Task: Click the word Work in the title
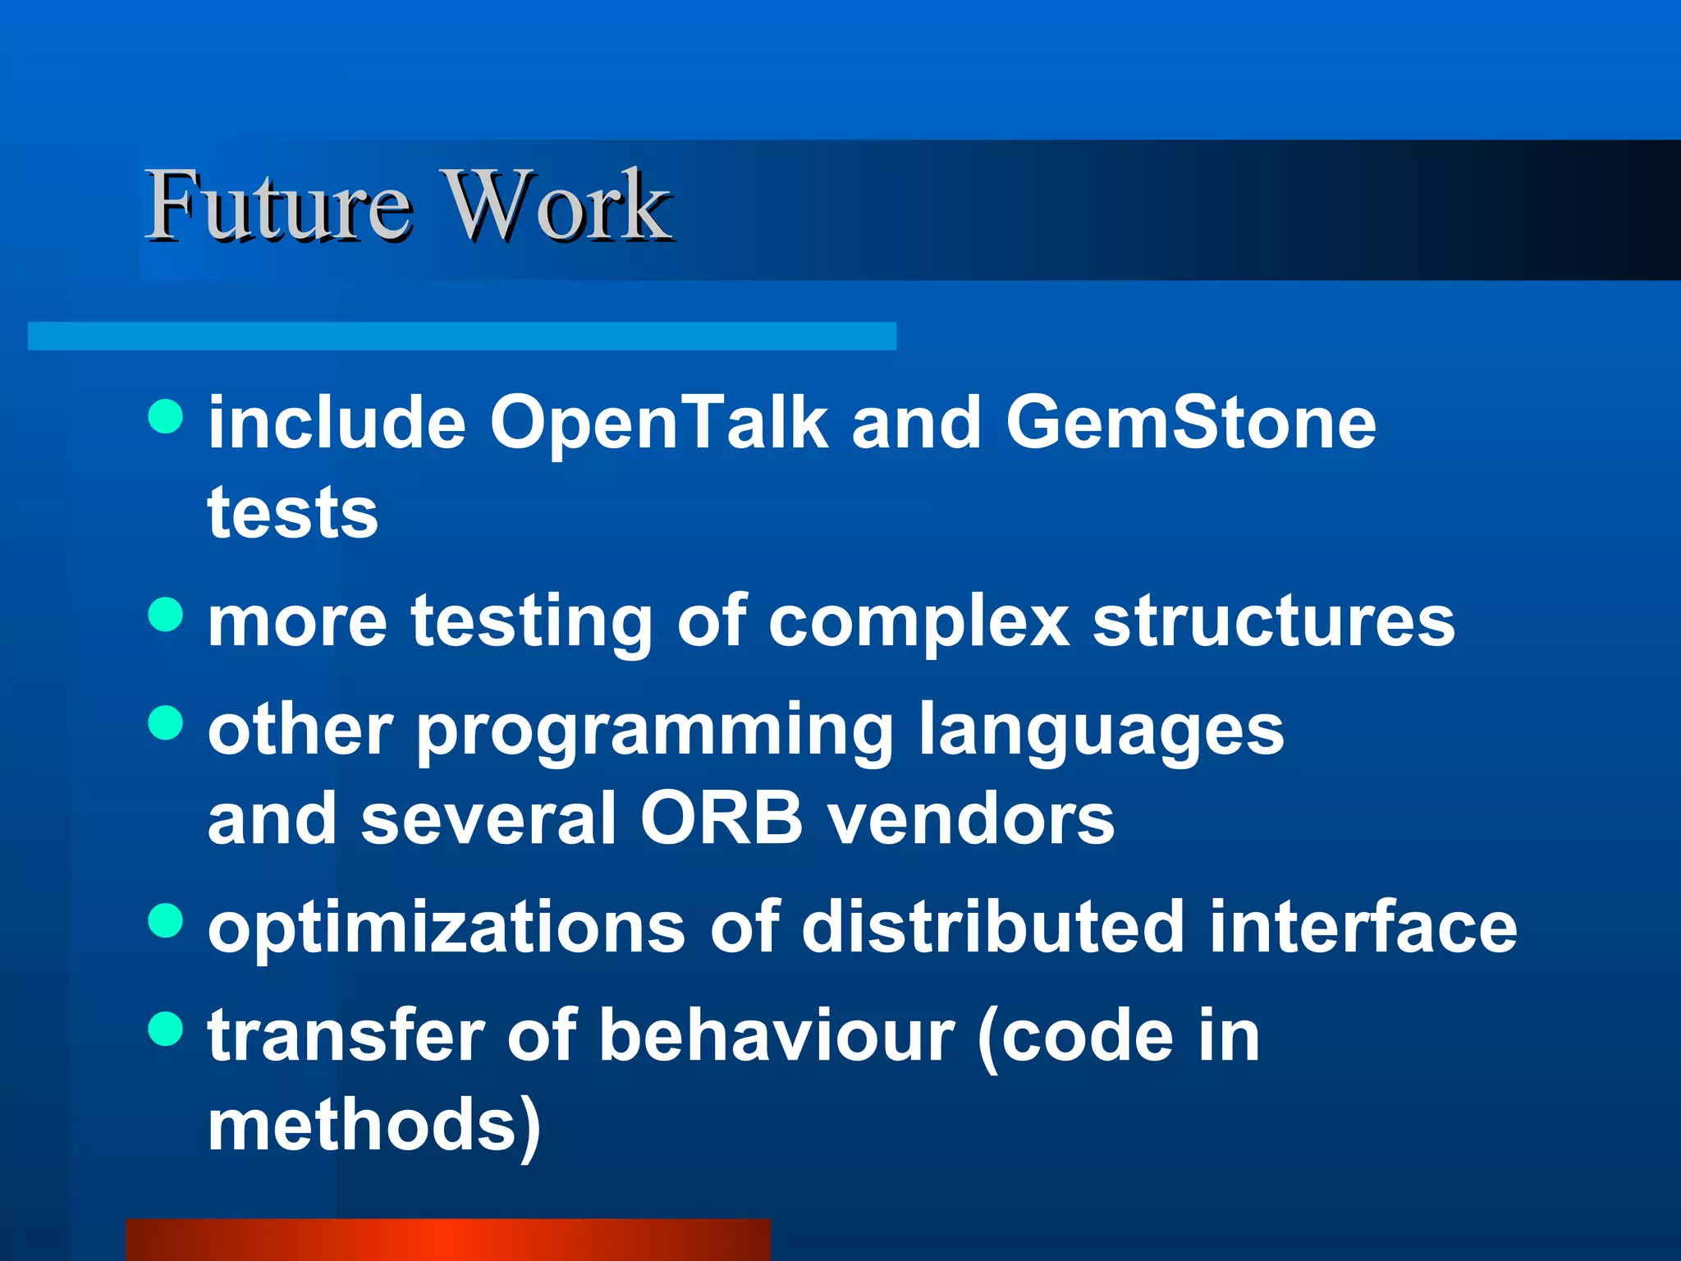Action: pos(558,205)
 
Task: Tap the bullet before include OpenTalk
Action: pos(166,416)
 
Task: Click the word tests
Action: pos(293,513)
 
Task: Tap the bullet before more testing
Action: pos(166,614)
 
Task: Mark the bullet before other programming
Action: pos(166,723)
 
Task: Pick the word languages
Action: pos(1101,732)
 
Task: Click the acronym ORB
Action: pos(721,819)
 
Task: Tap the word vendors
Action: pos(970,819)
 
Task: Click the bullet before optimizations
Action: pos(166,920)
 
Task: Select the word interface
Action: pos(1363,927)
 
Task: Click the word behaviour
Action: pos(776,1036)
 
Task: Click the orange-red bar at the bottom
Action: pos(448,1240)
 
